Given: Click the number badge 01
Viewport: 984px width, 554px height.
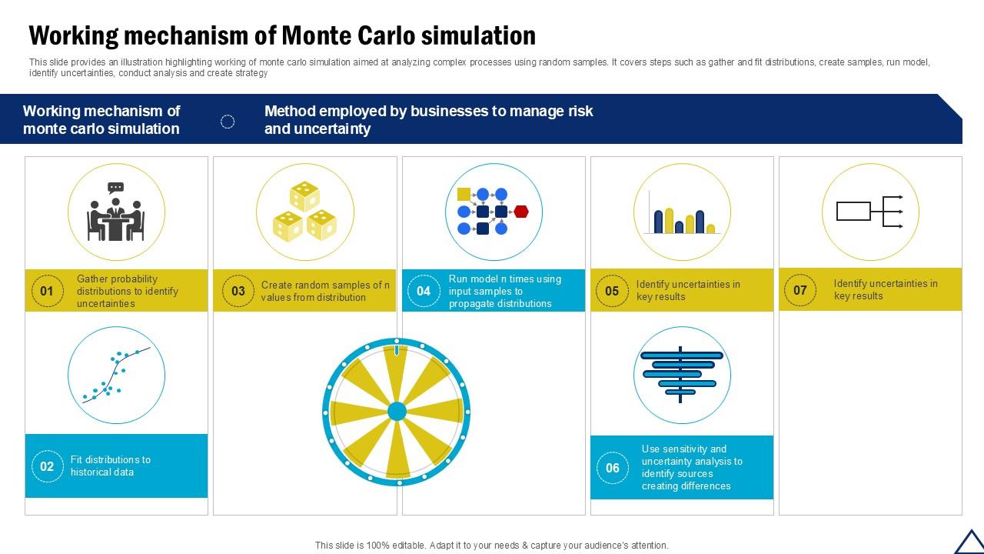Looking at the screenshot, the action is click(x=47, y=291).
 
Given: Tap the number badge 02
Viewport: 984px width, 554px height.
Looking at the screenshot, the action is click(x=47, y=466).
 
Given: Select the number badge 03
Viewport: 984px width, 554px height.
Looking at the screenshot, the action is click(x=238, y=291).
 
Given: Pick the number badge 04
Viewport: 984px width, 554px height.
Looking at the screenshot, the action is click(x=424, y=291).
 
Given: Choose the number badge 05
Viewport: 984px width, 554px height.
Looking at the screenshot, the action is click(x=612, y=291).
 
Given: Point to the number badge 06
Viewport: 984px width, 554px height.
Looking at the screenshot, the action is click(x=613, y=467).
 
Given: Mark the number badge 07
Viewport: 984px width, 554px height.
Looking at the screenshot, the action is click(x=800, y=290).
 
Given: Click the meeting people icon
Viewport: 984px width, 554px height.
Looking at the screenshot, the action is click(x=116, y=212).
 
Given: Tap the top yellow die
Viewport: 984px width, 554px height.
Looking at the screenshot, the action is click(x=304, y=196).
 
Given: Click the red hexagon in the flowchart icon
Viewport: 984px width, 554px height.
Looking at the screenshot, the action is click(x=521, y=212).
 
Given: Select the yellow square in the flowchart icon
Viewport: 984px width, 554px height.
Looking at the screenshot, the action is click(x=464, y=194).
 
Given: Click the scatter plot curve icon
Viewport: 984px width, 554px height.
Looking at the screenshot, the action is click(x=116, y=375).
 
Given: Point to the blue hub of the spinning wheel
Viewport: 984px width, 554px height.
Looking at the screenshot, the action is click(x=397, y=412).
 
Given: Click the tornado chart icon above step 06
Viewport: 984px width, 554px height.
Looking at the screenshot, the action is click(x=681, y=375).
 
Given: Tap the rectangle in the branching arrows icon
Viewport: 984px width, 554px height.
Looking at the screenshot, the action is click(x=853, y=211).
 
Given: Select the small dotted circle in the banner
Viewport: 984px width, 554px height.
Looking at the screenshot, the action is click(x=228, y=122).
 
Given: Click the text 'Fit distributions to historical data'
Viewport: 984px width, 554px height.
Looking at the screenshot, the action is click(x=110, y=466).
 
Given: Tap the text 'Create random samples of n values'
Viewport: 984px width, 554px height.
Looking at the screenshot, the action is click(x=325, y=291).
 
